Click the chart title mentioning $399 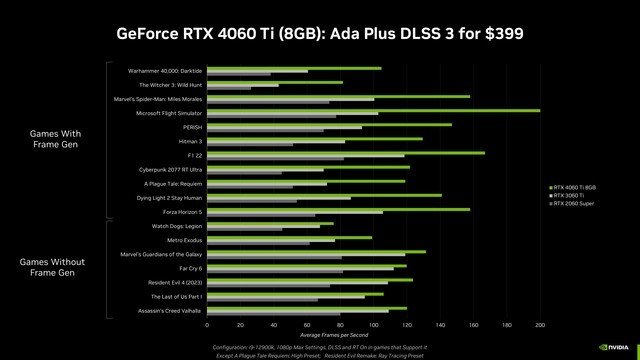coord(320,32)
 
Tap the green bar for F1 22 coord(345,152)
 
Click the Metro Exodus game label coord(184,241)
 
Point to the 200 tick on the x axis coord(540,325)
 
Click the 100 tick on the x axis coord(373,325)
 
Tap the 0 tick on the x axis coord(207,325)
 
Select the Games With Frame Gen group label coord(48,139)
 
